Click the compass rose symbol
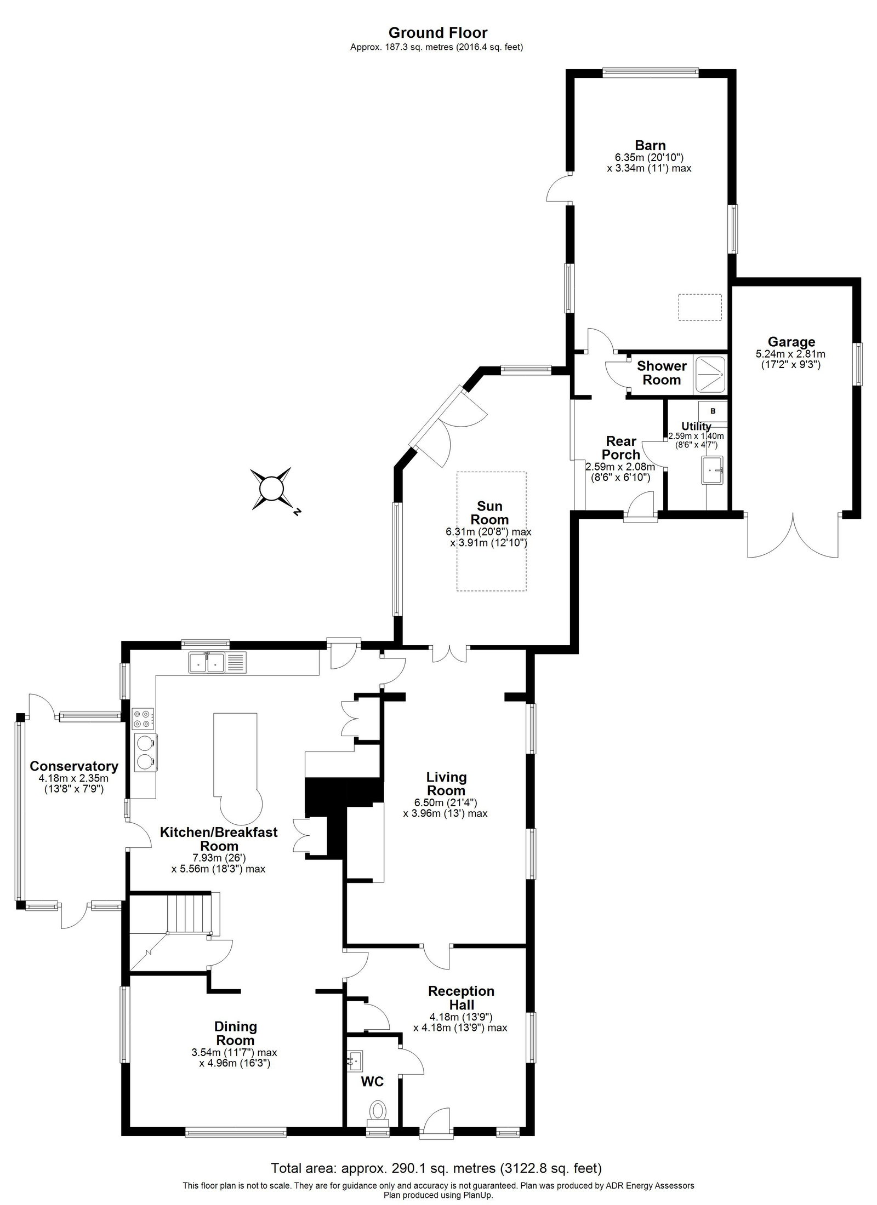pyautogui.click(x=271, y=489)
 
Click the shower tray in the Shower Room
pyautogui.click(x=711, y=374)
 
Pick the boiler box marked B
pyautogui.click(x=713, y=411)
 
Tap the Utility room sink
pyautogui.click(x=713, y=470)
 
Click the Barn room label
pyautogui.click(x=650, y=145)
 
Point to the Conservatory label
pyautogui.click(x=74, y=766)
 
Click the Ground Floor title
pyautogui.click(x=437, y=33)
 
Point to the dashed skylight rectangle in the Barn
pyautogui.click(x=699, y=307)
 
